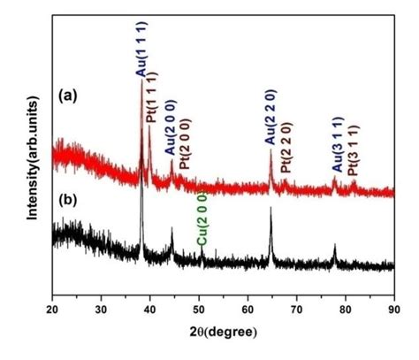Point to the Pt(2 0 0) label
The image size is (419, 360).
tap(183, 147)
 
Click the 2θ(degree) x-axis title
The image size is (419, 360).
tap(223, 332)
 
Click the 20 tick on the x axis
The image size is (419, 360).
tap(52, 310)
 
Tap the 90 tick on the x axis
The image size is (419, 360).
tap(394, 310)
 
